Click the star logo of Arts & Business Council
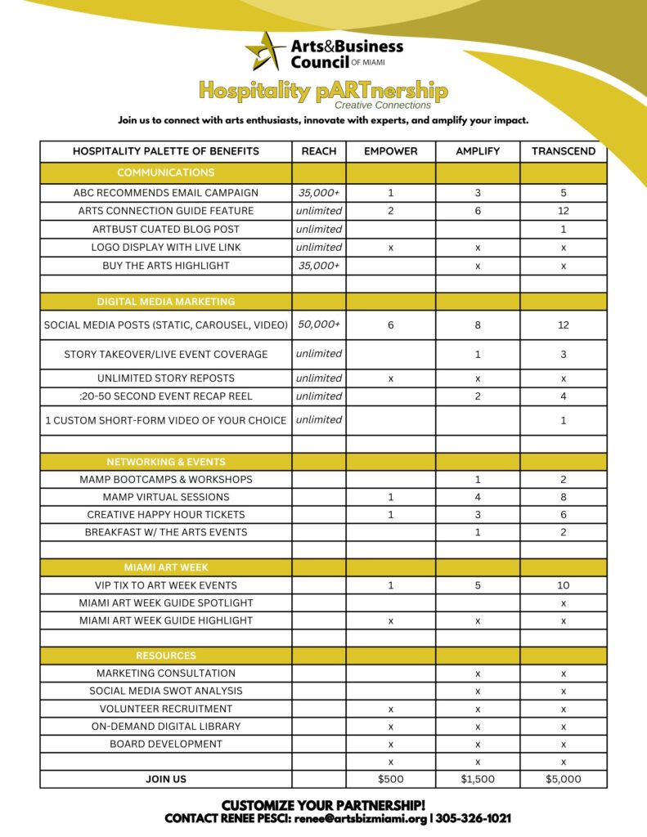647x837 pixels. tap(266, 51)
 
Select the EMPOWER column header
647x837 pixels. tap(390, 151)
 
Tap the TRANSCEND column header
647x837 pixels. tap(564, 151)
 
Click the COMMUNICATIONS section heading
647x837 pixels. tap(166, 172)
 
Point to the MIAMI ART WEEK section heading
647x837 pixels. tap(166, 567)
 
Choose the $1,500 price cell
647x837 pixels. tap(478, 779)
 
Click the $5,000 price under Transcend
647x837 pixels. tap(564, 779)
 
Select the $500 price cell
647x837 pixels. tap(390, 779)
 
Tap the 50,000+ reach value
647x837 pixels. tap(319, 325)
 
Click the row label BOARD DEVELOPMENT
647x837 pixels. tap(166, 744)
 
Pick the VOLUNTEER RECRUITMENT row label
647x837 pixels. tap(166, 709)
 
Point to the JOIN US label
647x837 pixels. tap(166, 779)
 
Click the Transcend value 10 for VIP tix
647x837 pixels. tap(564, 585)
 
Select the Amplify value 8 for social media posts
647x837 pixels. tap(478, 325)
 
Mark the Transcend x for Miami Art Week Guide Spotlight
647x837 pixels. tap(564, 602)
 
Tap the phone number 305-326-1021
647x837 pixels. tap(474, 818)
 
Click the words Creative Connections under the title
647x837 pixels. tap(382, 105)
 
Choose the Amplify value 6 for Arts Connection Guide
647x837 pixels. tap(478, 211)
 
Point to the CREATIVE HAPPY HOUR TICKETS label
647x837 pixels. tap(166, 515)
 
